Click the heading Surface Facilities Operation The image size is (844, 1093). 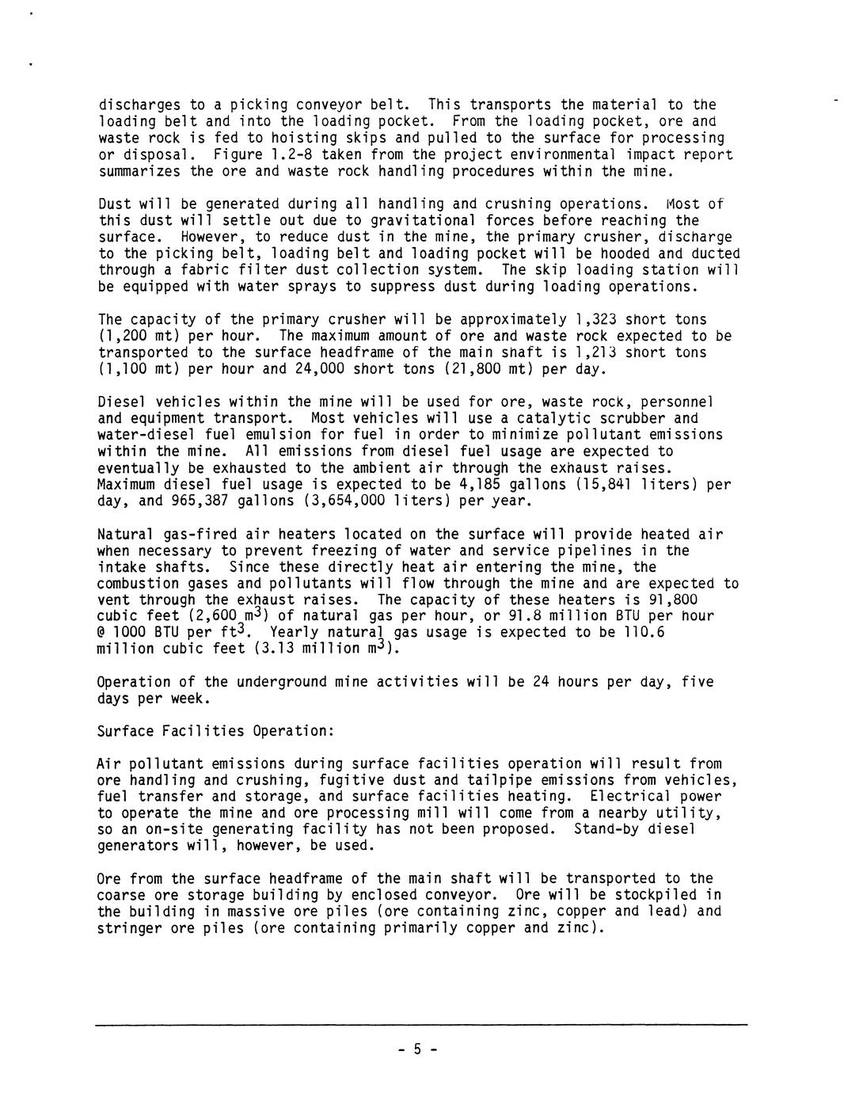click(x=215, y=731)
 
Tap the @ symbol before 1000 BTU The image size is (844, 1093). click(x=101, y=633)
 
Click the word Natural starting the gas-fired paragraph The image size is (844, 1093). click(x=126, y=535)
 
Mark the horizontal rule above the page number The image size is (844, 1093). click(x=421, y=1026)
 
